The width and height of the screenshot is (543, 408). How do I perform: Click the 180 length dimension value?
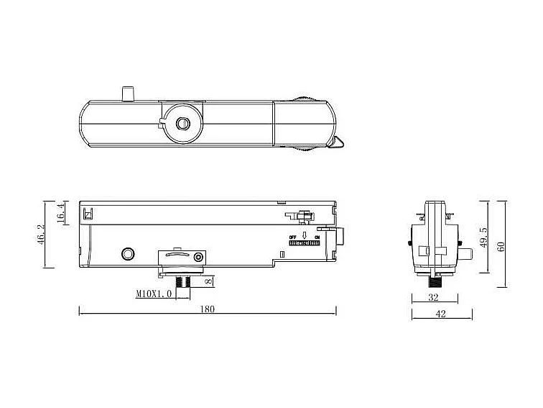tap(208, 309)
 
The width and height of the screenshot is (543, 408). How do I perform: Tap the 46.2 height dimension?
tap(41, 234)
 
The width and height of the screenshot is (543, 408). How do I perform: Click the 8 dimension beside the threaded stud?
tap(209, 282)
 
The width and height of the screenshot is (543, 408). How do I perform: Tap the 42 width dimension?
tap(441, 314)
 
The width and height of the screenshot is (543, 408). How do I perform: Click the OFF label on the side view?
tap(292, 237)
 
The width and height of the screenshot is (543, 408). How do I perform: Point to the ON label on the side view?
tap(317, 237)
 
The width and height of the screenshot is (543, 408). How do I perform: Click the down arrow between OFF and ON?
tap(305, 236)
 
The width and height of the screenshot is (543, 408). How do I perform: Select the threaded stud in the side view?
tap(182, 281)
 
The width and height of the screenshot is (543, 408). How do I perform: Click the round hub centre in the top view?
tap(182, 124)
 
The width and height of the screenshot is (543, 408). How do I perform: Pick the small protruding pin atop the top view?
tap(128, 94)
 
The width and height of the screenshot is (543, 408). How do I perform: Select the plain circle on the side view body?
tap(129, 253)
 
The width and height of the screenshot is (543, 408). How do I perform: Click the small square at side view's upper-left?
tap(88, 214)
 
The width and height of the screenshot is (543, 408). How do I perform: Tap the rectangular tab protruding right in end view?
tap(468, 254)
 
